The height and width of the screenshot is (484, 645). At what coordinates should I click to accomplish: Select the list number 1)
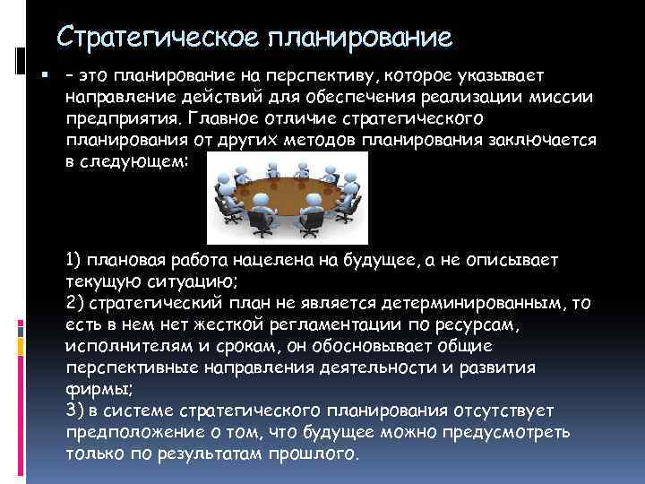[75, 259]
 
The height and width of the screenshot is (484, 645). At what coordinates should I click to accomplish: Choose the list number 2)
[75, 303]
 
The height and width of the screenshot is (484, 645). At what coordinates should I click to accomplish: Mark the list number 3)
[75, 411]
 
